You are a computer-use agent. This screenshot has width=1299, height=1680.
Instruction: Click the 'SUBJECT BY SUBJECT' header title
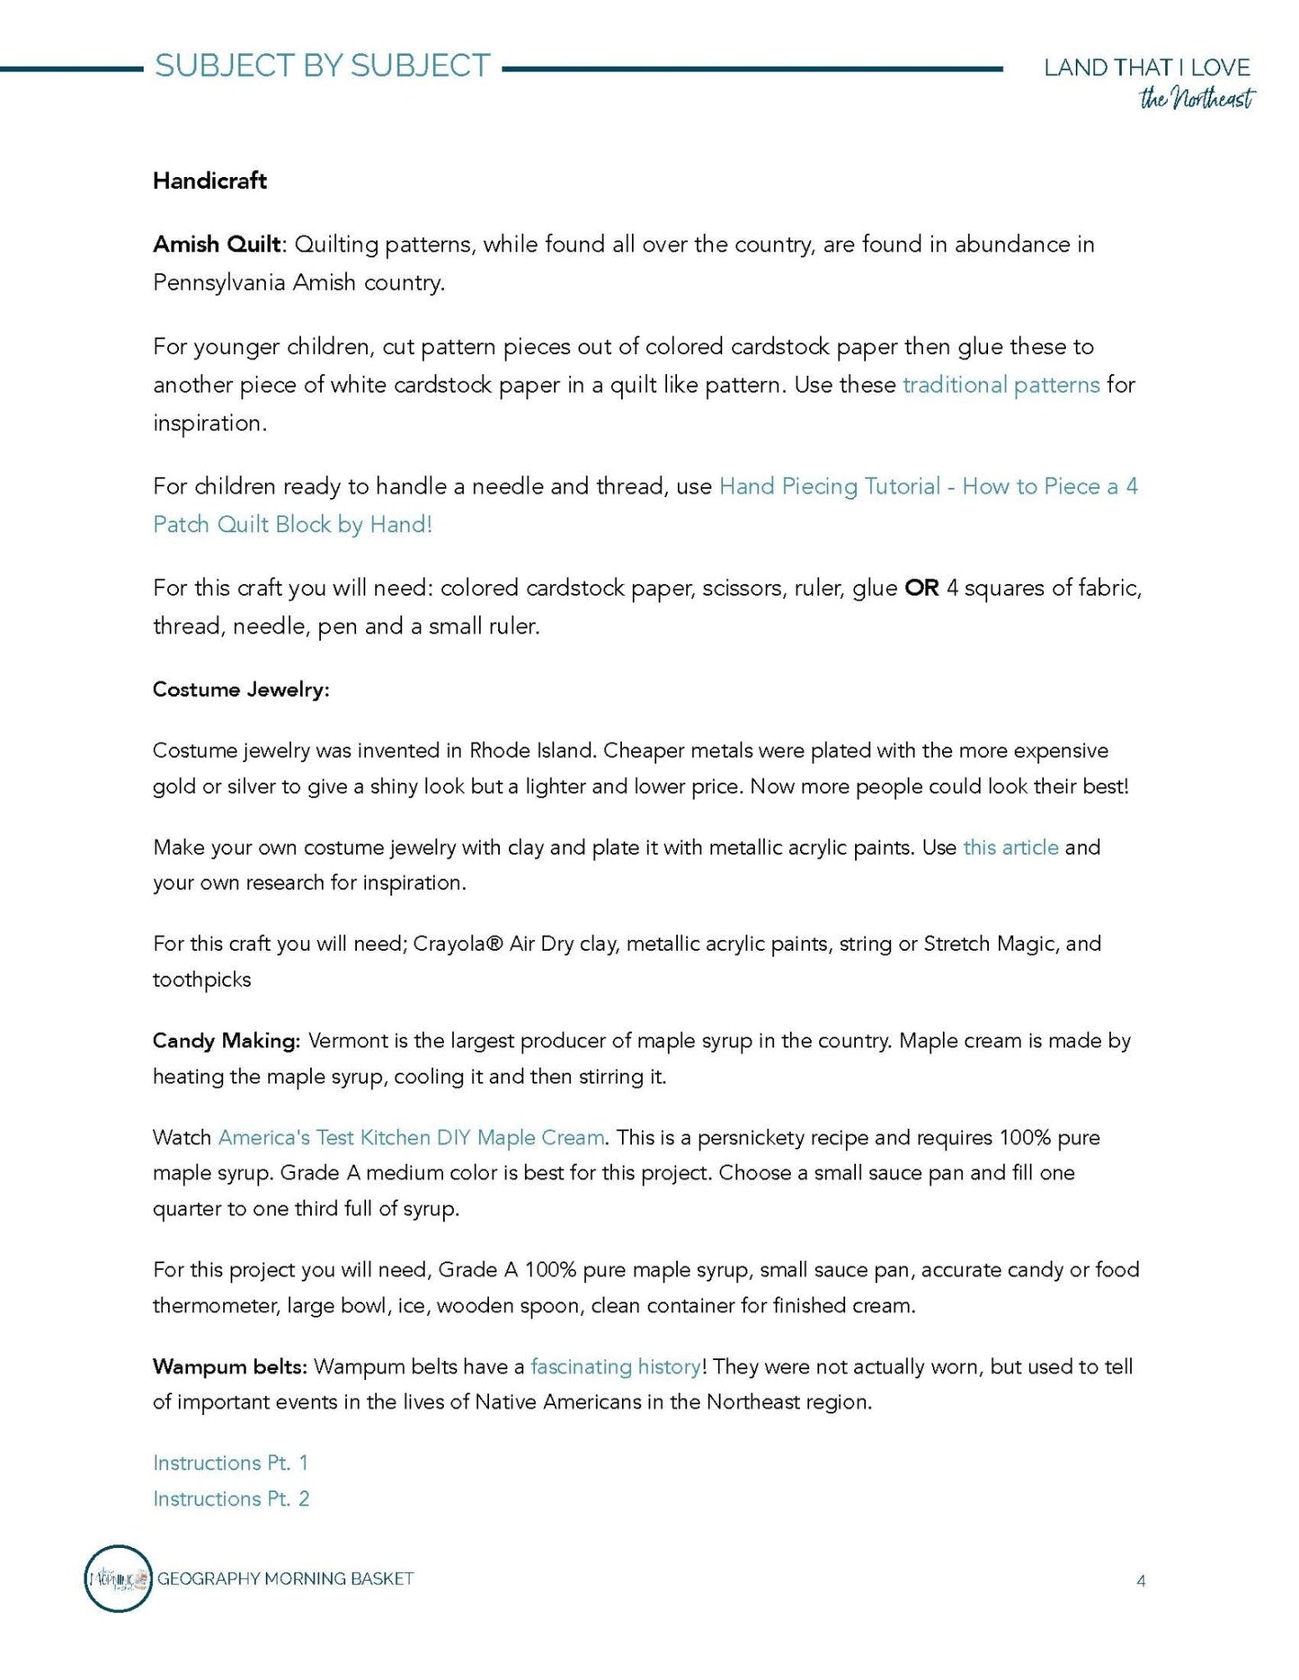(x=322, y=66)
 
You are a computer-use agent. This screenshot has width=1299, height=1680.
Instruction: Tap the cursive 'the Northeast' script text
(x=1197, y=99)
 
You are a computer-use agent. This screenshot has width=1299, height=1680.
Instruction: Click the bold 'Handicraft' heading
(x=209, y=181)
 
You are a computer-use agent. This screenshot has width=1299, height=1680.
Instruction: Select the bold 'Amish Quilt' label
(x=217, y=244)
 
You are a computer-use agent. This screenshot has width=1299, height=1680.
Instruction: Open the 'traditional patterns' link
(x=1001, y=385)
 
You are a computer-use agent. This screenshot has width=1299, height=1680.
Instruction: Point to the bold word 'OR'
(x=921, y=588)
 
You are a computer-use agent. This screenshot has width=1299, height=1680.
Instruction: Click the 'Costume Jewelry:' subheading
(x=241, y=689)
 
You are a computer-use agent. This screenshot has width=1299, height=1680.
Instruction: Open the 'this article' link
(x=1010, y=848)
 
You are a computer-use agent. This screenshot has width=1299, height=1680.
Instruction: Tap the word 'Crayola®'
(x=458, y=944)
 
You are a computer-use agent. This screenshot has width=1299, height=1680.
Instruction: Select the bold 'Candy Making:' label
(x=226, y=1041)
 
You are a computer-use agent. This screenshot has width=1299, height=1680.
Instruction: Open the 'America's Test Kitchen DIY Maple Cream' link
(x=411, y=1138)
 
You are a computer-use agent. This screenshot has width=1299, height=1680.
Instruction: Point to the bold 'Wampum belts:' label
(x=230, y=1367)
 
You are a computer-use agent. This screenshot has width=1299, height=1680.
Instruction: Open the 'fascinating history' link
(x=615, y=1367)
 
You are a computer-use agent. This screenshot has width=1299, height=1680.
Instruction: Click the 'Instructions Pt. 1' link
(x=230, y=1463)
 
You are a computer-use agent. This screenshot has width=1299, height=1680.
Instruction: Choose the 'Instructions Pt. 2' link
(x=231, y=1499)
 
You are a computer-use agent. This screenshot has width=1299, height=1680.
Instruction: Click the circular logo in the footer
(x=118, y=1578)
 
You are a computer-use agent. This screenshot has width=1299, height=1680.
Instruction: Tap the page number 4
(x=1141, y=1581)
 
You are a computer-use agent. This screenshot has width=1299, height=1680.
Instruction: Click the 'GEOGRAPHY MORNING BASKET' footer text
(x=286, y=1578)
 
